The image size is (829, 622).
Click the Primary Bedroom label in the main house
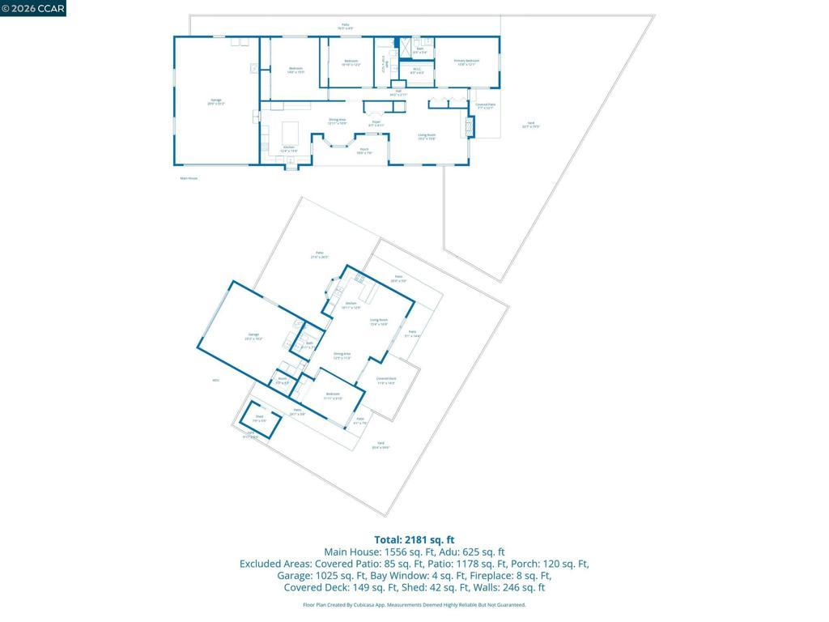[x=466, y=62]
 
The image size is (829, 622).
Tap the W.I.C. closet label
[x=417, y=71]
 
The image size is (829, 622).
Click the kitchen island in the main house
[x=289, y=132]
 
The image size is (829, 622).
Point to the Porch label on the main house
[x=364, y=151]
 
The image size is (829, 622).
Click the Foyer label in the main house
[x=376, y=124]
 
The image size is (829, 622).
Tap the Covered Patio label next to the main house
[x=486, y=106]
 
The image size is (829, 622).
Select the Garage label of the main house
[x=216, y=102]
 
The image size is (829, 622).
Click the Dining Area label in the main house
[x=338, y=121]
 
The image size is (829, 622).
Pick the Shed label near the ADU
[x=259, y=420]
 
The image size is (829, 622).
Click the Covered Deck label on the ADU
[x=386, y=381]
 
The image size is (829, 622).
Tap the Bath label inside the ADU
[x=309, y=345]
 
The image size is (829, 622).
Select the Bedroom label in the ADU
[x=333, y=395]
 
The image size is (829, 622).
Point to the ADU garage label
[x=253, y=336]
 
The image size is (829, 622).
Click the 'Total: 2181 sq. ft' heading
[x=414, y=539]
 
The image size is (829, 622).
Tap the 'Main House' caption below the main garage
[x=189, y=178]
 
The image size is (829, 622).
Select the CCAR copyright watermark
[x=33, y=8]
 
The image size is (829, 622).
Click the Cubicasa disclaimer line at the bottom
[x=414, y=605]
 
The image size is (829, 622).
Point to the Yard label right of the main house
[x=531, y=124]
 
